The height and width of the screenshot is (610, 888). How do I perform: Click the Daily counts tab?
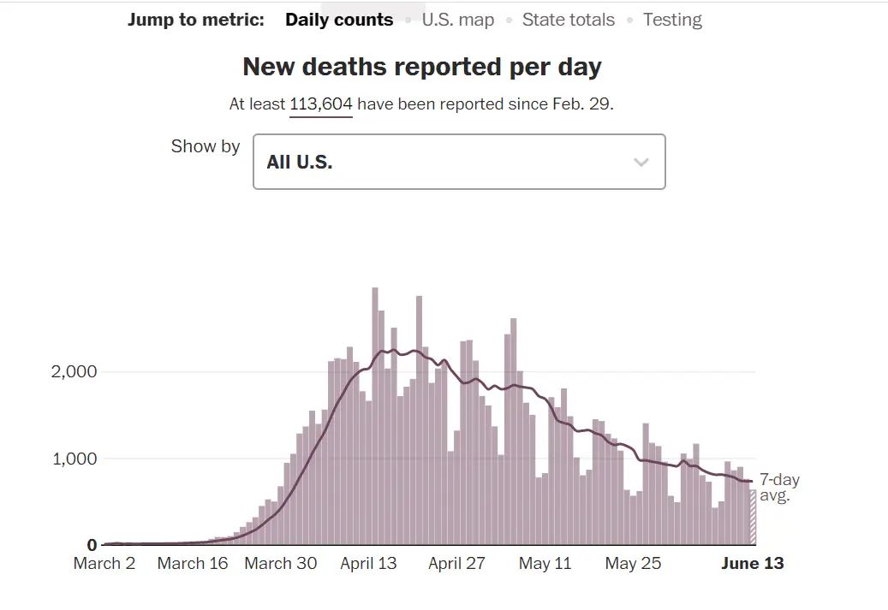[339, 20]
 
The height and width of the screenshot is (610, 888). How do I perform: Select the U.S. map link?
[457, 20]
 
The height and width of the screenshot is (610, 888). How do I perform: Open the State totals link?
[568, 20]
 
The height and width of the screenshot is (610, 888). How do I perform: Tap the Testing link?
[672, 20]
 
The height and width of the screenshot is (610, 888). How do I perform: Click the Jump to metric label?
[196, 20]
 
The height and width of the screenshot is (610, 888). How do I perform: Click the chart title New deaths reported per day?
[422, 67]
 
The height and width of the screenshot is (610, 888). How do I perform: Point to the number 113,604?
[321, 104]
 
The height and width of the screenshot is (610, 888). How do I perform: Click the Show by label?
[206, 146]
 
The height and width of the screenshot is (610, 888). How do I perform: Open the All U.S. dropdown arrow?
[641, 162]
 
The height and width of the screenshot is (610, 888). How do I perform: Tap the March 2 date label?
[104, 563]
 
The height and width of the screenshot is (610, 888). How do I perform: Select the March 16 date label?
[193, 563]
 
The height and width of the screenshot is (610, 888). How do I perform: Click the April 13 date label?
[368, 563]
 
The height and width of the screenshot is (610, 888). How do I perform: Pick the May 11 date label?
[545, 563]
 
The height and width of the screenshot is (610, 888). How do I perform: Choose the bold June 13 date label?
[751, 563]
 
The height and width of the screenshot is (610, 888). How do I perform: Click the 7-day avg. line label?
[778, 488]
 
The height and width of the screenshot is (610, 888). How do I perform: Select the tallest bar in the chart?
[375, 417]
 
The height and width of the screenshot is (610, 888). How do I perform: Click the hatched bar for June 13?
[753, 517]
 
